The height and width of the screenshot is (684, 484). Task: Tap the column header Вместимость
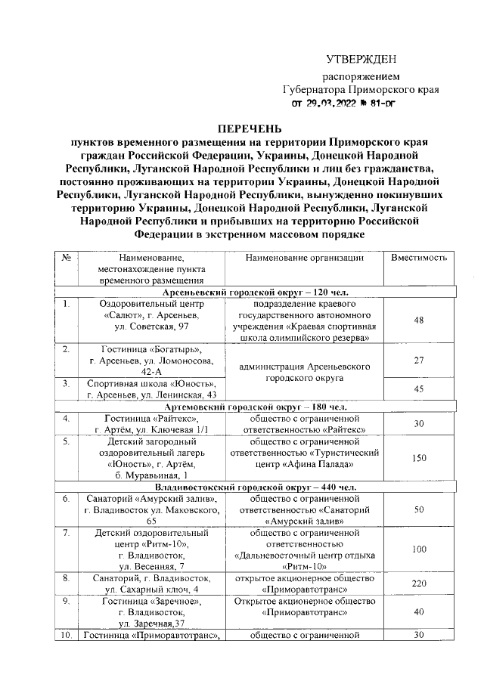418,258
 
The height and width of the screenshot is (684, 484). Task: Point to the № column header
67,258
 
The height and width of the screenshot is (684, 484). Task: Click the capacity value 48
418,320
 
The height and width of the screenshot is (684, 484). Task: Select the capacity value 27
418,361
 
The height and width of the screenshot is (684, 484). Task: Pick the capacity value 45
418,389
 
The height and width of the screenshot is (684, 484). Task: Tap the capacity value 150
418,458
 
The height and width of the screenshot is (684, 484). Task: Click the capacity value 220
418,583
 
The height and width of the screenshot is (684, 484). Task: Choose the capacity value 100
418,549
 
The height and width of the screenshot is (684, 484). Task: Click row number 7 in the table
67,533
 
